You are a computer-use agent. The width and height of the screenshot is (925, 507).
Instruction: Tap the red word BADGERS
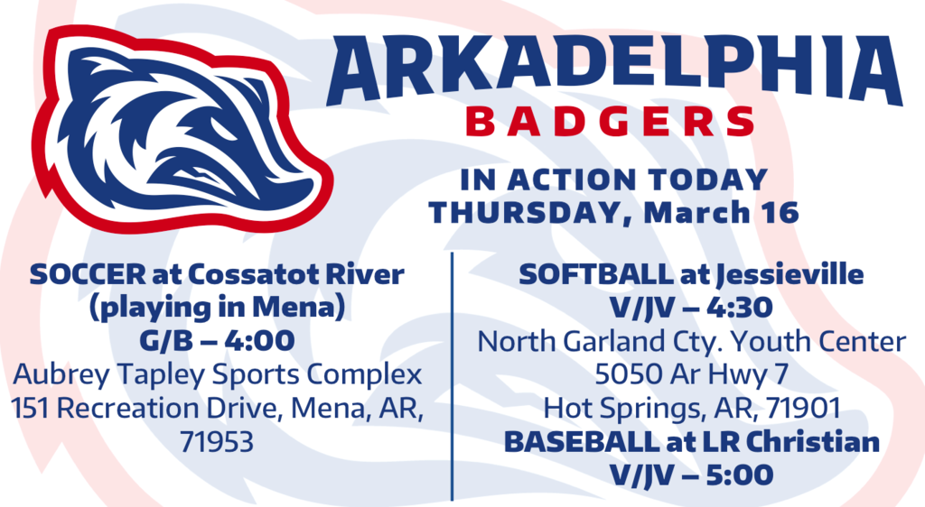(610, 121)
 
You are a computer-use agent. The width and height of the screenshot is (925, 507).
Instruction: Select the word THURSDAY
(526, 213)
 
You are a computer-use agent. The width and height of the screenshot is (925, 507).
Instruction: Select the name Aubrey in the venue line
(61, 375)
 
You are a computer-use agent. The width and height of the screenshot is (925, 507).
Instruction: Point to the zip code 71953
(217, 442)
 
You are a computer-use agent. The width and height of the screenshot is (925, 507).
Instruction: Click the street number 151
(32, 409)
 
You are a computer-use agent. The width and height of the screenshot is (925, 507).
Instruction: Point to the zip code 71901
(803, 409)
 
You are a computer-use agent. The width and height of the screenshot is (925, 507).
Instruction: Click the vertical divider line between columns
(452, 377)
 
